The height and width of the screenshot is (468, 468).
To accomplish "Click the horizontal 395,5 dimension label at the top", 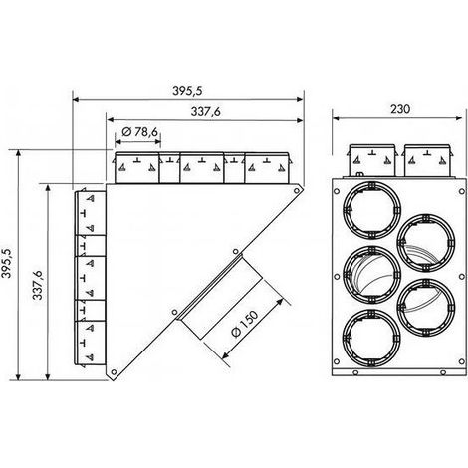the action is pos(187,91).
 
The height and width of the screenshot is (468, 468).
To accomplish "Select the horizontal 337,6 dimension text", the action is pos(206,112).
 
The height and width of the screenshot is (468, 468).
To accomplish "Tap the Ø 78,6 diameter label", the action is pos(139,132).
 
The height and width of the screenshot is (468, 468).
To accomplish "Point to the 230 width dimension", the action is pos(400,109).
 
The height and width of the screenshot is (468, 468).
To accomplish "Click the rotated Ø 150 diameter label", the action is pos(245,324).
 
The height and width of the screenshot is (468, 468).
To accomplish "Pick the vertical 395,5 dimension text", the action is pos(6,263).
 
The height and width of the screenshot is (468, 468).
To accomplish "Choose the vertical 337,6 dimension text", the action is pos(37,285).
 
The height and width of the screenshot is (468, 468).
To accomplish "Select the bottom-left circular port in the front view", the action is pos(371,338).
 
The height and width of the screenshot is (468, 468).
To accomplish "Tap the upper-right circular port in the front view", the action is pos(426,243).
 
